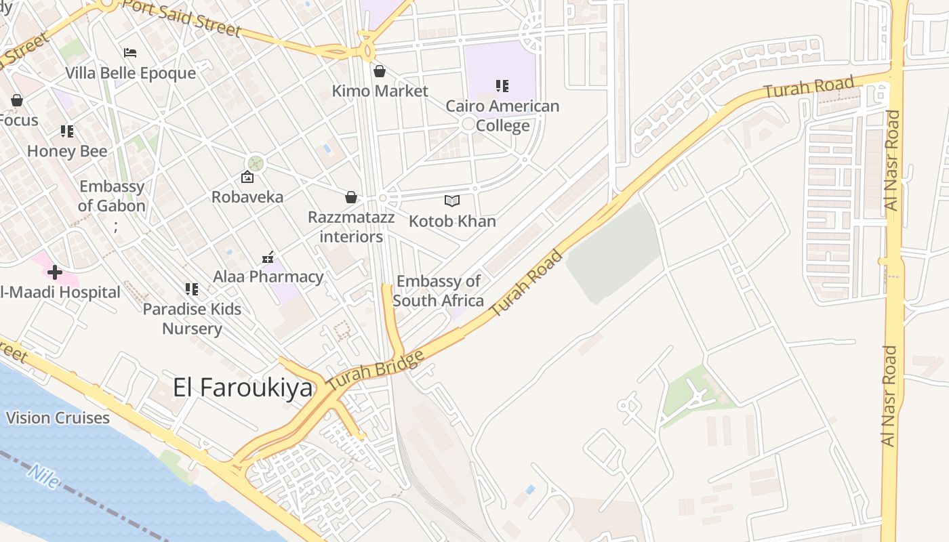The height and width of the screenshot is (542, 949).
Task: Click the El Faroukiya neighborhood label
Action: coord(243,388)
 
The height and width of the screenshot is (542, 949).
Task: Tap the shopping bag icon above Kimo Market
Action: coord(380,71)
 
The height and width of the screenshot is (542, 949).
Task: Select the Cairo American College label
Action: coord(502,116)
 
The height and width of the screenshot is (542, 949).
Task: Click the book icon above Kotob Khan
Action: coord(452,201)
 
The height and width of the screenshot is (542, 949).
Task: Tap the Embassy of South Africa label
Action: coord(439,291)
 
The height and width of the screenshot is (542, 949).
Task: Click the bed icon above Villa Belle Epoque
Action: coord(130,53)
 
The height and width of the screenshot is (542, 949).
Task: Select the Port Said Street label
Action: coord(182,18)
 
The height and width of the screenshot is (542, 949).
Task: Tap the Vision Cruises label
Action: coord(58,418)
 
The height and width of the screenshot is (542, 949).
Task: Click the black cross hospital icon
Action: coord(55,273)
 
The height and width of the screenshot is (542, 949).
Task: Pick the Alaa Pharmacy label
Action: coord(268,276)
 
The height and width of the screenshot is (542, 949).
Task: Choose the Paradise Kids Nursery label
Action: coord(192,319)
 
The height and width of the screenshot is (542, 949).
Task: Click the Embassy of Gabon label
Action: coord(112,196)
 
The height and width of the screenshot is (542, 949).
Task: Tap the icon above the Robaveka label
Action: coord(247,178)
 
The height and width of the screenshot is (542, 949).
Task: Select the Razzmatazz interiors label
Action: coord(351,227)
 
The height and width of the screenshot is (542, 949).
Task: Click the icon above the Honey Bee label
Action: coord(66,131)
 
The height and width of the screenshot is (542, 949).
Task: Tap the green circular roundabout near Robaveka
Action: coord(256,163)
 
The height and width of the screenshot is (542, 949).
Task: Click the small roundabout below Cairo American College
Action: coord(468,124)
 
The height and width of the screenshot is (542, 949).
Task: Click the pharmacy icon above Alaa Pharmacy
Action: coord(268,257)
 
